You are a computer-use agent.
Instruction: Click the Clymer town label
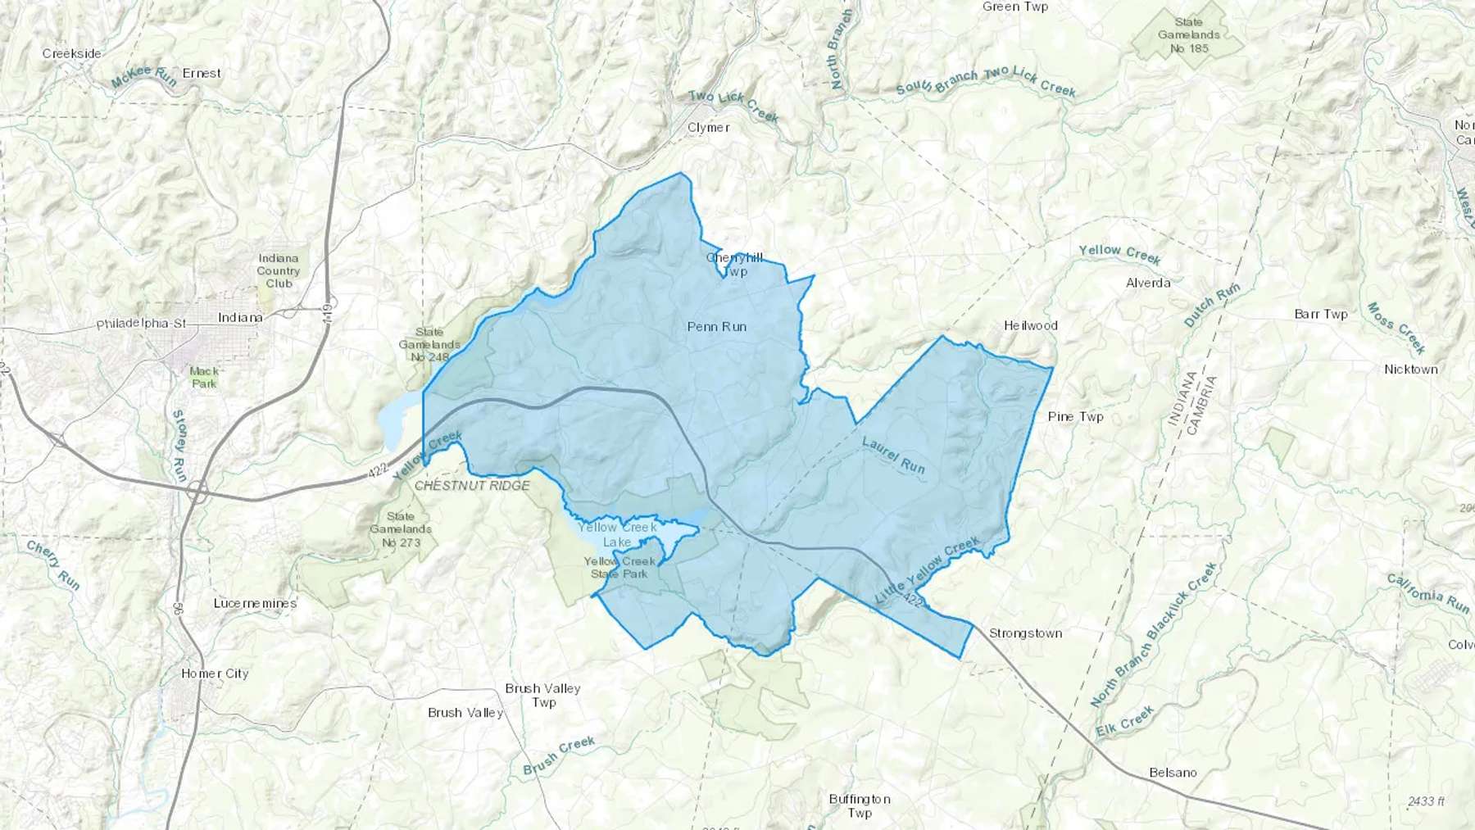tap(708, 127)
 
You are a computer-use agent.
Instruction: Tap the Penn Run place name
tap(716, 326)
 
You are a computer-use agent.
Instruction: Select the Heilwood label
tap(1030, 325)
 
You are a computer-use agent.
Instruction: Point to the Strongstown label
tap(1025, 633)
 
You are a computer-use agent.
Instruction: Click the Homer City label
tap(215, 674)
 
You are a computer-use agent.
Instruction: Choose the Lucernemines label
tap(255, 603)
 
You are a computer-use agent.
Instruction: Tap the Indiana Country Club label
tap(279, 271)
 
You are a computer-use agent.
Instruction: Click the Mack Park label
tap(204, 377)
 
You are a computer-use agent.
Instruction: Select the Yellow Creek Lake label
tap(617, 534)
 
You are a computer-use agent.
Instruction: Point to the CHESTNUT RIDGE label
tap(472, 485)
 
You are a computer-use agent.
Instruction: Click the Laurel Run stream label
tap(893, 455)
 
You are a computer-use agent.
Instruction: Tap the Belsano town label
tap(1173, 772)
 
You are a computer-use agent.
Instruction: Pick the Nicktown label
tap(1410, 370)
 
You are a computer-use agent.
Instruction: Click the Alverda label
tap(1148, 283)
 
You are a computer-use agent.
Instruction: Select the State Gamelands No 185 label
tap(1188, 35)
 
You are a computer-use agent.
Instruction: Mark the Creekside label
tap(72, 53)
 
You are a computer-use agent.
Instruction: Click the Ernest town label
tap(202, 73)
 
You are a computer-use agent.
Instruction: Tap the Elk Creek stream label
tap(1125, 722)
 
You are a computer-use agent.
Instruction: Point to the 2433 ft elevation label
tap(1427, 801)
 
